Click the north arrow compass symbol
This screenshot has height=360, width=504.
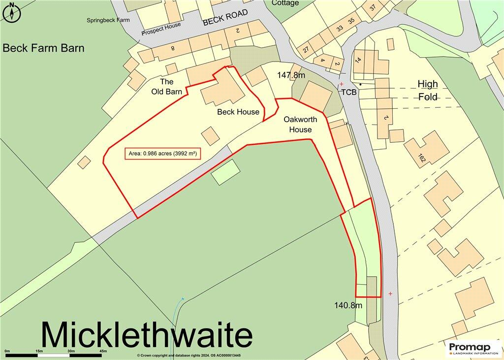12,12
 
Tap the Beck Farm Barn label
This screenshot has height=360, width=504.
43,48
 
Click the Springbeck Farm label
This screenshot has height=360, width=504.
108,20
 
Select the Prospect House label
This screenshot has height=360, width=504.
161,29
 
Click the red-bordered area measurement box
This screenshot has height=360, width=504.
162,154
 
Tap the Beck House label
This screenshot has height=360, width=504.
238,112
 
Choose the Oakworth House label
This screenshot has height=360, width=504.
300,125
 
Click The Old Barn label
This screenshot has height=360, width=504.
166,87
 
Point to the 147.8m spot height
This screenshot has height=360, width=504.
291,75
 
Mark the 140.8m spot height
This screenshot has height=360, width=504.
348,305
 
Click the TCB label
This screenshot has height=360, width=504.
348,92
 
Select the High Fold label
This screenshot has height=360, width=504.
427,90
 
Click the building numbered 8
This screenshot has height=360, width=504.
173,48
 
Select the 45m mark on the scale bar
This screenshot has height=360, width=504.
103,351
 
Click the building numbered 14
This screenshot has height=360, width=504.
358,60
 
